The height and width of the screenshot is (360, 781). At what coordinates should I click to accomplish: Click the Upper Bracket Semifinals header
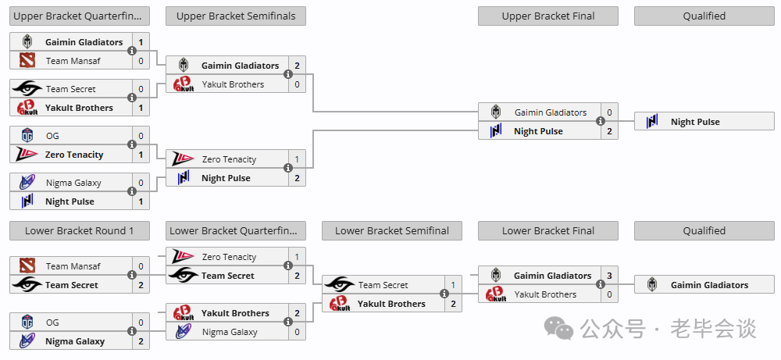(x=236, y=16)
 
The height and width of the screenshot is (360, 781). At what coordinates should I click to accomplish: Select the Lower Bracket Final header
(x=548, y=230)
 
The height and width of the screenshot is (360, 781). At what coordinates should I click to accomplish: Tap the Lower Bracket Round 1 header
(x=79, y=230)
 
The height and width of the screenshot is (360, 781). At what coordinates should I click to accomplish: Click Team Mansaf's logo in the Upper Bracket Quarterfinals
(x=27, y=61)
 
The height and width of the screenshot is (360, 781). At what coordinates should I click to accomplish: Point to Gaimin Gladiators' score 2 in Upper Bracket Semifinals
(x=297, y=66)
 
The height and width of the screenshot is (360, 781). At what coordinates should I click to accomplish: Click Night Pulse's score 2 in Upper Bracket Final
(x=609, y=131)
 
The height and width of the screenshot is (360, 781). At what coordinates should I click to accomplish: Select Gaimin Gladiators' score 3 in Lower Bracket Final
(x=609, y=276)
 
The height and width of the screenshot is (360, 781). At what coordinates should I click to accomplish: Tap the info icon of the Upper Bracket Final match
(x=601, y=121)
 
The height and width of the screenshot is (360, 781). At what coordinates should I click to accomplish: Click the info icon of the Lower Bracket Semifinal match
(x=444, y=294)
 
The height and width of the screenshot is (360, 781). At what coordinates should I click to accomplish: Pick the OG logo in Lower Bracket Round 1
(x=27, y=323)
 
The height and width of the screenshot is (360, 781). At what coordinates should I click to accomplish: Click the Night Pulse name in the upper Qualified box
(x=695, y=122)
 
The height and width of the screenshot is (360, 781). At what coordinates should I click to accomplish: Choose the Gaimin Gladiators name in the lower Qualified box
(x=709, y=285)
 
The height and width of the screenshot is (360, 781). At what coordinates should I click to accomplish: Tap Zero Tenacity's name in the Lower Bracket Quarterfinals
(x=229, y=257)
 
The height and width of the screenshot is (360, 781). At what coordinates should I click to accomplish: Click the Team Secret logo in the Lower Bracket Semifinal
(x=339, y=285)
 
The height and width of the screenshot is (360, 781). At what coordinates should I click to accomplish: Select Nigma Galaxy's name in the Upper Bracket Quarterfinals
(x=73, y=183)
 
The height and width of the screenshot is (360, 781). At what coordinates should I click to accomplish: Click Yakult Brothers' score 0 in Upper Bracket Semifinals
(x=297, y=84)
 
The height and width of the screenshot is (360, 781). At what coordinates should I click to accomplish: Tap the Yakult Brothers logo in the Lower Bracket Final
(x=496, y=294)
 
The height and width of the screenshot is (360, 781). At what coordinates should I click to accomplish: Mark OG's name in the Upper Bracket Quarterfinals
(x=52, y=136)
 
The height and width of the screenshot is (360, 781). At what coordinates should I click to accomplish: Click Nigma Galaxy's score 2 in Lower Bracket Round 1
(x=141, y=341)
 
